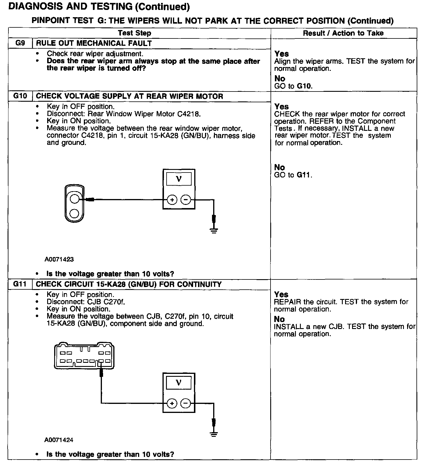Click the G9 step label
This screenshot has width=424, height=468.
point(20,43)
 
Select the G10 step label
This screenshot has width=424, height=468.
point(20,96)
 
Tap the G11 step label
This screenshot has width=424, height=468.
point(20,284)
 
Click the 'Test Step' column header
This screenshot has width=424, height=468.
point(135,33)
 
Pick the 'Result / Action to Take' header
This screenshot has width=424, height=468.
point(343,33)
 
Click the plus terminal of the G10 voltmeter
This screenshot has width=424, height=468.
point(172,200)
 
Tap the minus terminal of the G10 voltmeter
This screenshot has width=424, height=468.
point(185,200)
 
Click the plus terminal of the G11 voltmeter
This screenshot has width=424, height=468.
point(172,404)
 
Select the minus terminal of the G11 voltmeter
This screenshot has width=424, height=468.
point(185,404)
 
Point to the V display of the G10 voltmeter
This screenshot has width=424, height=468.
point(179,179)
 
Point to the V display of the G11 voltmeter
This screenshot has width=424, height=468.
point(179,383)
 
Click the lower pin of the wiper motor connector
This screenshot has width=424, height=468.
point(75,214)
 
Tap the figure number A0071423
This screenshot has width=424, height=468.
point(59,259)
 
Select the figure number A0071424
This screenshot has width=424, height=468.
point(59,440)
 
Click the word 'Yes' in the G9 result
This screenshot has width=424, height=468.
point(282,54)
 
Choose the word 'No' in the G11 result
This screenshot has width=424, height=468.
point(280,319)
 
